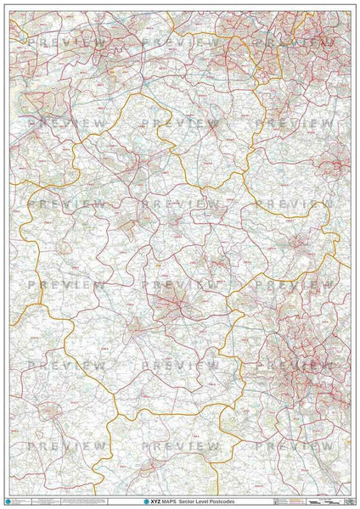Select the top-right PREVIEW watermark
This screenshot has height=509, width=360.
293,42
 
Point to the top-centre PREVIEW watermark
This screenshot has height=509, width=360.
180,42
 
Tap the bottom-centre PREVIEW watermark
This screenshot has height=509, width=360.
180,445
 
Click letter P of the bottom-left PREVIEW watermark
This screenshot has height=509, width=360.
31,445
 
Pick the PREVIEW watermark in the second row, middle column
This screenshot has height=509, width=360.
180,123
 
